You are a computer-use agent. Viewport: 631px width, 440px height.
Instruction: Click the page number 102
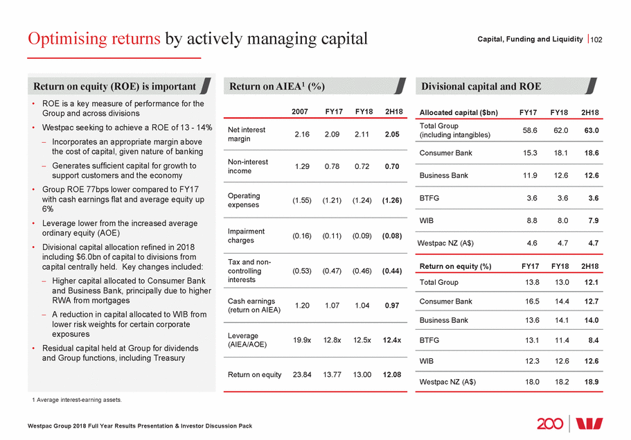click(x=596, y=39)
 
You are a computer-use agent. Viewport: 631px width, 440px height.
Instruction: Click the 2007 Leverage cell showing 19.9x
click(x=302, y=340)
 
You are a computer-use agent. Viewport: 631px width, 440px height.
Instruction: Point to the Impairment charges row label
click(x=245, y=236)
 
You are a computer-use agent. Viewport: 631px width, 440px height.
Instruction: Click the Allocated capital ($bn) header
click(x=459, y=112)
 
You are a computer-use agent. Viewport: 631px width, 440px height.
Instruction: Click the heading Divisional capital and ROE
click(x=481, y=87)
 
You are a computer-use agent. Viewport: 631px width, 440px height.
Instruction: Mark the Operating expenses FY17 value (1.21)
click(x=333, y=200)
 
